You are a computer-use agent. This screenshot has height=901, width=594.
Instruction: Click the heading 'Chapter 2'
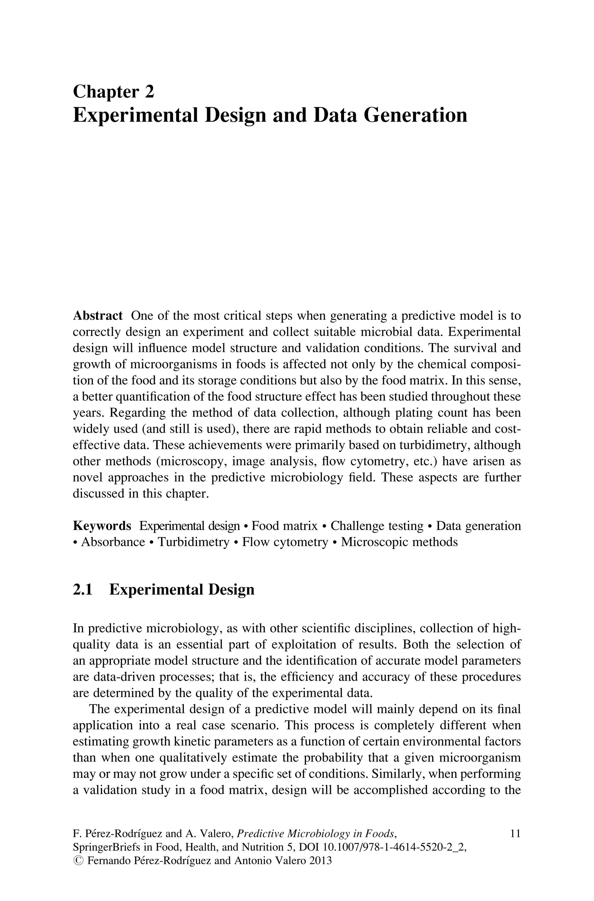tap(113, 92)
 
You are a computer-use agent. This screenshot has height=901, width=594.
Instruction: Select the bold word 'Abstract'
tap(97, 316)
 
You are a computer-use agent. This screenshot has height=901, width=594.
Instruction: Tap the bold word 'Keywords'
tap(102, 526)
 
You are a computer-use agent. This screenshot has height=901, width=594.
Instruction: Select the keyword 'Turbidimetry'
tap(193, 542)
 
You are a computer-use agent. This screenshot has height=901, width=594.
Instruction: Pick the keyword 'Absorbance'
tap(113, 542)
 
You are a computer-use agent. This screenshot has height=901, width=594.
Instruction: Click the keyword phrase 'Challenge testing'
tap(377, 526)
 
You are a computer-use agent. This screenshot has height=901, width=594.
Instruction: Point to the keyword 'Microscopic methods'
tap(399, 542)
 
